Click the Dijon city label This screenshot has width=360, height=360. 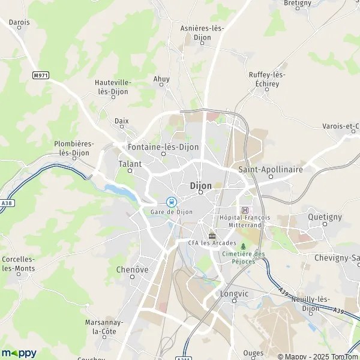pos(200,185)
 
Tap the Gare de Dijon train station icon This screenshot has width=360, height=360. pos(171,202)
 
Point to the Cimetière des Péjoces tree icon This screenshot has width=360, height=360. pos(243,246)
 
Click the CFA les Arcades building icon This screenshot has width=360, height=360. pos(211,235)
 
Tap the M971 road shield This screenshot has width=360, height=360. pos(41,75)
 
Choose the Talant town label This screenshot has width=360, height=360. pos(130,163)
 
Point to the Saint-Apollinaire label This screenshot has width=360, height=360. pos(270,169)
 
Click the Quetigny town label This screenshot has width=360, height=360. pos(324,216)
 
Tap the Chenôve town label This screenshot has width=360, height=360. pos(132,269)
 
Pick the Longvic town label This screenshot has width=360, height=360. pos(234,294)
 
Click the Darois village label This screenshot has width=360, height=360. pos(19,22)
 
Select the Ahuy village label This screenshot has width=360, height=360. pos(161,79)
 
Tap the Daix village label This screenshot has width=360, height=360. pos(122,121)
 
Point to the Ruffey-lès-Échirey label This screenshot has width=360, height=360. pos(268,79)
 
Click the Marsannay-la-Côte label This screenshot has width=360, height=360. pos(104,326)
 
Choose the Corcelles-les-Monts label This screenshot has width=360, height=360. pos(18,263)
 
